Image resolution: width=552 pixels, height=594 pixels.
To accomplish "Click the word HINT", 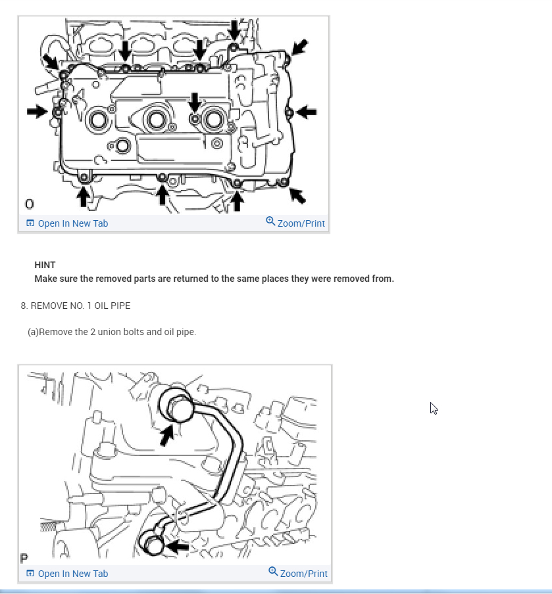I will coord(45,265).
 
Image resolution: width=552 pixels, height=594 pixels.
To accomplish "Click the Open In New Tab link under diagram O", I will coord(72,223).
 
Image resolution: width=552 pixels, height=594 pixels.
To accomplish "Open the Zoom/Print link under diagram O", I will coord(301,223).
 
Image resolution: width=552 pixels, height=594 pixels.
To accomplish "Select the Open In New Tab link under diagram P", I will coord(72,574).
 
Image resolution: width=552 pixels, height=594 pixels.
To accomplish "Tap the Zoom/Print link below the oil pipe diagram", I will coord(303,574).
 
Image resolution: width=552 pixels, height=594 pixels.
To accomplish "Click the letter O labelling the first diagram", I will coord(29,203).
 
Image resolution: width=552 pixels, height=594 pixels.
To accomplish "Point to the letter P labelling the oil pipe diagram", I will coord(24,559).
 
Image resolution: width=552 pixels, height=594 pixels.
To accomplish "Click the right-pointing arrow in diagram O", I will coord(37,112).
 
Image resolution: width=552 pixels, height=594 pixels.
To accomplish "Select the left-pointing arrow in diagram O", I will coord(307,112).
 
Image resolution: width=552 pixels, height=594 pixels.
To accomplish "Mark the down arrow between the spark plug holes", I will coord(194,101).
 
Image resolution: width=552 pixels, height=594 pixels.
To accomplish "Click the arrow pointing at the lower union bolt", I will coord(179,546).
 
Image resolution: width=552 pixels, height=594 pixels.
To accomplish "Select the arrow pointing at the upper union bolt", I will coord(167,434).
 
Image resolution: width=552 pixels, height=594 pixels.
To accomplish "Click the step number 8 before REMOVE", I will coord(23,306).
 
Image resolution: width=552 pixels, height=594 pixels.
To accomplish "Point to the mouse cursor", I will coord(434,408).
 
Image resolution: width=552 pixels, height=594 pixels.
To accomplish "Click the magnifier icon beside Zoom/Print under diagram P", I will coord(273,571).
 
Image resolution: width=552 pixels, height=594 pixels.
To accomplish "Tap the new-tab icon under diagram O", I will coord(30,223).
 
